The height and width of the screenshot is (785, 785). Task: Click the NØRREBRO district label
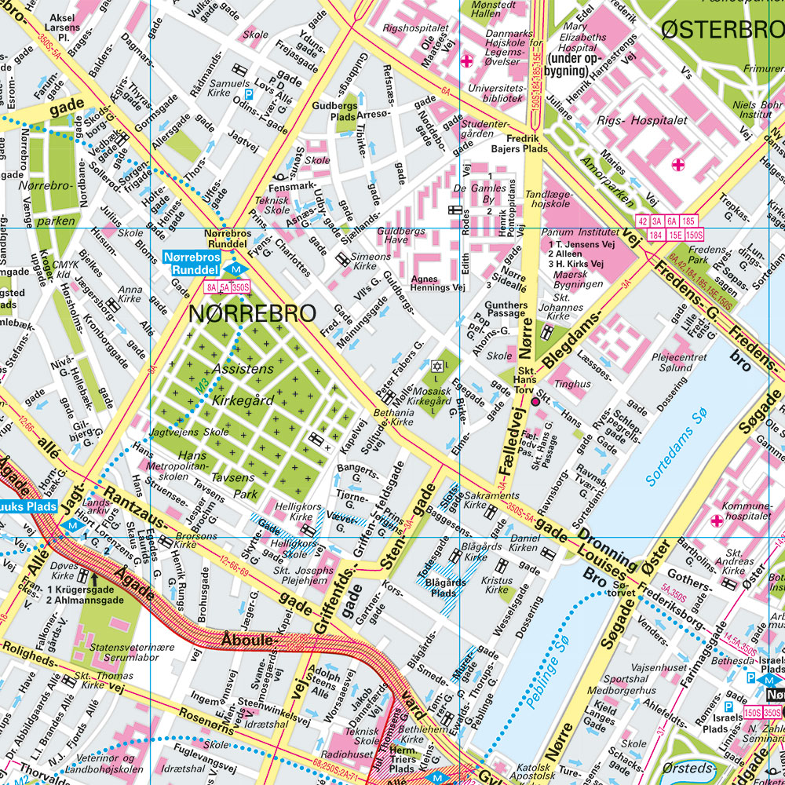[x=252, y=313]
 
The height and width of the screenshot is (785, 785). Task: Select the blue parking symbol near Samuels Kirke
[x=249, y=93]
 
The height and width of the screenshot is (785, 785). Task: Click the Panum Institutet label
[x=580, y=232]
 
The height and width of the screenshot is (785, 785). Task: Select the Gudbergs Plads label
[x=334, y=111]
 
